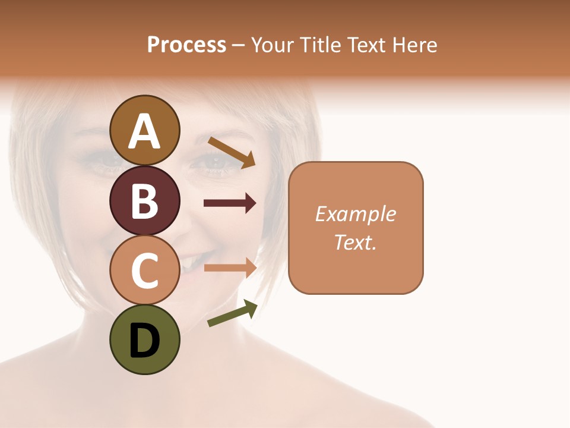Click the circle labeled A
coord(144,130)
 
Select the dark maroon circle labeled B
coord(144,200)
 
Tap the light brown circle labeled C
coord(144,270)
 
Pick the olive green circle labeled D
coord(144,340)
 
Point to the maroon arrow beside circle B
coord(230,203)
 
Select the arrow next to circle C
coord(230,267)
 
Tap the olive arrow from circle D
coord(232,313)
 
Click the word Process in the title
coord(186,45)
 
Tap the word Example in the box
coord(355,214)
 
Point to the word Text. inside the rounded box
coord(355,242)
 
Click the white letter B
coord(144,201)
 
